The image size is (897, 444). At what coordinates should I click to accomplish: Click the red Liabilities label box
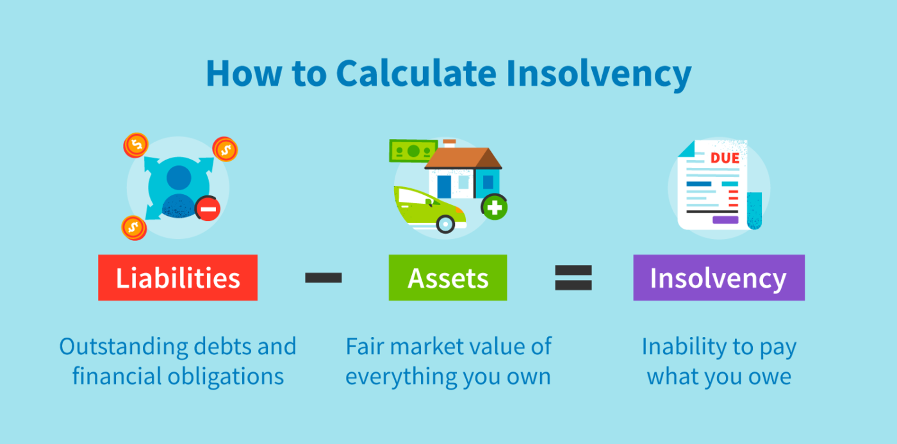coord(177,278)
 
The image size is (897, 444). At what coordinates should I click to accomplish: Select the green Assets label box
coord(447,278)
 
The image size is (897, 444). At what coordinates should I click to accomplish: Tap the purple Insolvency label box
coord(718,278)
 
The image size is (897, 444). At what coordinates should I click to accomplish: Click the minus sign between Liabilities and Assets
coord(323,277)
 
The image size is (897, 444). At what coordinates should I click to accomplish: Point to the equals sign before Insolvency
coord(573,277)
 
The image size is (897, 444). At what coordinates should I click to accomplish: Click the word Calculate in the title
coord(415,74)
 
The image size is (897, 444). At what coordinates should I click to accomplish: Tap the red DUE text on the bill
coord(725,158)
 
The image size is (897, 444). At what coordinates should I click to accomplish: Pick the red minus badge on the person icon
coord(209,208)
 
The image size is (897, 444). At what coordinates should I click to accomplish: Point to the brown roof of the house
coord(463,158)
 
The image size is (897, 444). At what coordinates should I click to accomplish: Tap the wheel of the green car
coord(445,224)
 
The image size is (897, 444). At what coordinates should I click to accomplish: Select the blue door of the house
coord(444,186)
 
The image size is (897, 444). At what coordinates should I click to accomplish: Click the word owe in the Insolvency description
coord(772,376)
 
